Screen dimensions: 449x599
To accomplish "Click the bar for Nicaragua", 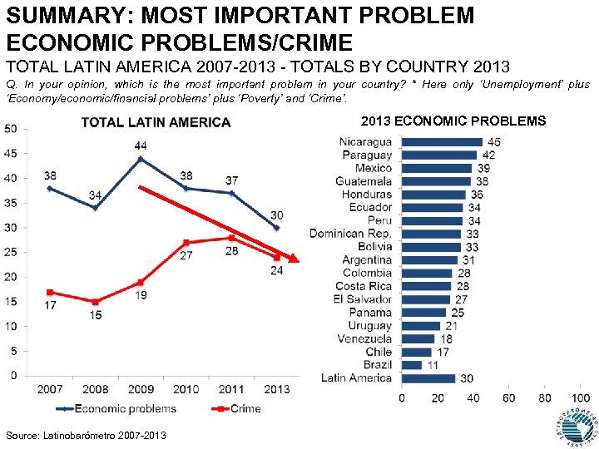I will [442, 142].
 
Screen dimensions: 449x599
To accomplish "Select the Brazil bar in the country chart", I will [411, 365].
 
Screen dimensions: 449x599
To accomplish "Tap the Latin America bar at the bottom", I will [428, 378].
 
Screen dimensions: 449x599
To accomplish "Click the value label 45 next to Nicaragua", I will [493, 142].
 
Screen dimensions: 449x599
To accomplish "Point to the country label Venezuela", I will [364, 339].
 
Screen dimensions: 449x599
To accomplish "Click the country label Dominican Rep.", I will [350, 234].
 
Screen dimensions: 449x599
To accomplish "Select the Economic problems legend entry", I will [116, 408].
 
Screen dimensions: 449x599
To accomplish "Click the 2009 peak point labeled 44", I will [141, 158].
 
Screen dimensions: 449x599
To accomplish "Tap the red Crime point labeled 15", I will [95, 302].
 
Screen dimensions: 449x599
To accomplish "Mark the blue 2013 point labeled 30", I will [276, 228].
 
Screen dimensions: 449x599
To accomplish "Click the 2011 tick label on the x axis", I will [231, 388].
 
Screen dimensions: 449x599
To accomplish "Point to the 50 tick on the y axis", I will [11, 128].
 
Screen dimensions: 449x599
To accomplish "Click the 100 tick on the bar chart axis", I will [581, 398].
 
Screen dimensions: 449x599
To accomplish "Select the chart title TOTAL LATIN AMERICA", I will [156, 123].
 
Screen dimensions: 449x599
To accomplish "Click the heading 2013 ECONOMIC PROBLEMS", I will [453, 121].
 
